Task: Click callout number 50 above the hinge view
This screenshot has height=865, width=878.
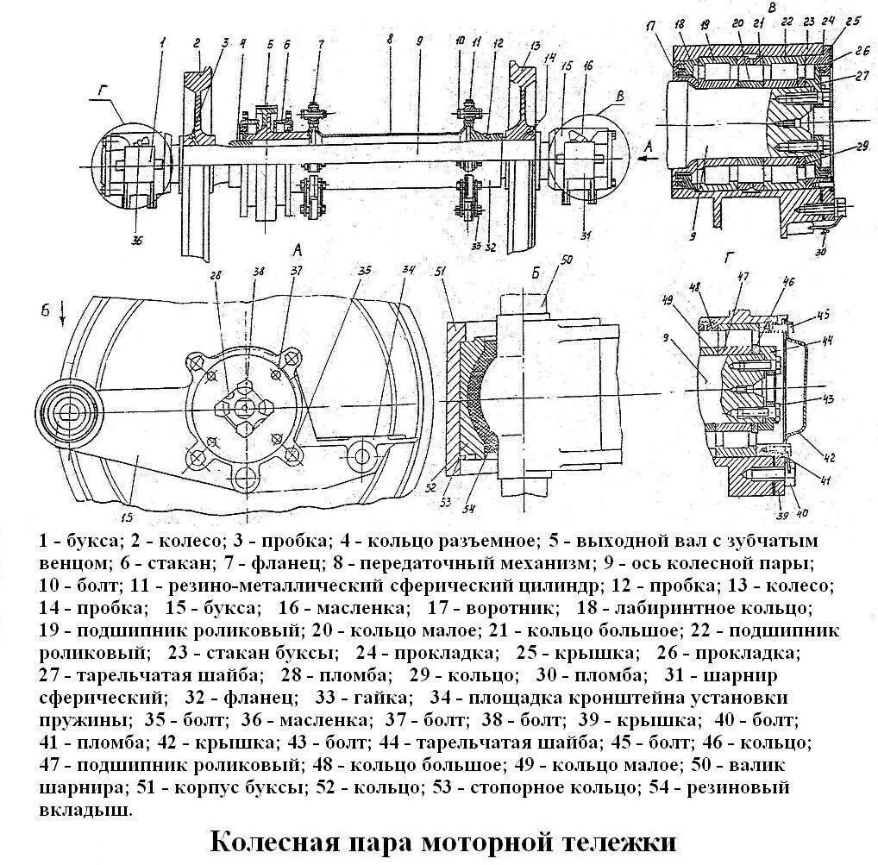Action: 567,260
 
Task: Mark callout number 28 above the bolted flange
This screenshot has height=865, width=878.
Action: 216,275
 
